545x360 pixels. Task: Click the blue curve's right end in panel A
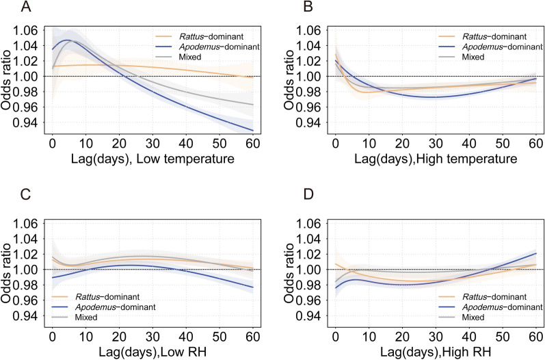point(254,130)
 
